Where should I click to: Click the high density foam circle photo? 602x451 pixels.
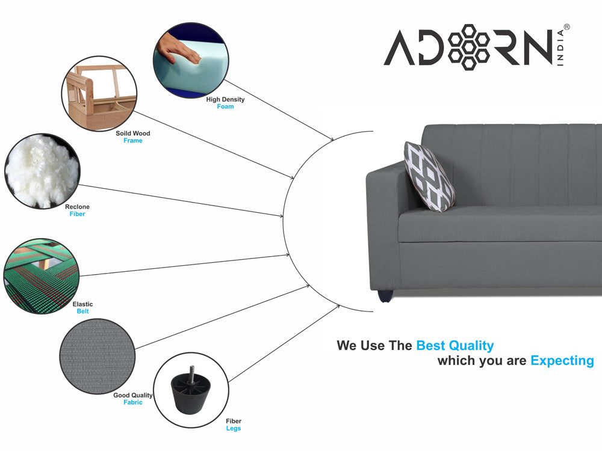click(191, 60)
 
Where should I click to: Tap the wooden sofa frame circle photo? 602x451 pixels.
click(99, 94)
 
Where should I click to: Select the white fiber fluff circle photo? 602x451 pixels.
click(43, 171)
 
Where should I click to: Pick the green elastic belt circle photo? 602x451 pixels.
click(42, 276)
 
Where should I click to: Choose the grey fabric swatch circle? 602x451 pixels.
click(98, 356)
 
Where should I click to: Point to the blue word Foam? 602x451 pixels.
click(225, 106)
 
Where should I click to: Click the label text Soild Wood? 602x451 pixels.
click(133, 133)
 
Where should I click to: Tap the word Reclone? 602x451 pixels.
click(77, 207)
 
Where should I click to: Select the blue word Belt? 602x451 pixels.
click(82, 311)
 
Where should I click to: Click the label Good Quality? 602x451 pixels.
click(133, 396)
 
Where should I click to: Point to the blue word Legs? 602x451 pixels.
click(234, 428)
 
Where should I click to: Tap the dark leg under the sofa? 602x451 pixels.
click(385, 296)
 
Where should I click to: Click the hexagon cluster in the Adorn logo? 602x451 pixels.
click(469, 47)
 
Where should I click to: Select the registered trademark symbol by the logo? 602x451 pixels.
click(567, 27)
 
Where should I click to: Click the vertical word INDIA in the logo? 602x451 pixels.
click(560, 48)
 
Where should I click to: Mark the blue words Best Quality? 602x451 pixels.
click(455, 346)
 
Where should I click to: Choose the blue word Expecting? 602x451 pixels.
click(562, 361)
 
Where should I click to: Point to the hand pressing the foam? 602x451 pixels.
click(179, 48)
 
